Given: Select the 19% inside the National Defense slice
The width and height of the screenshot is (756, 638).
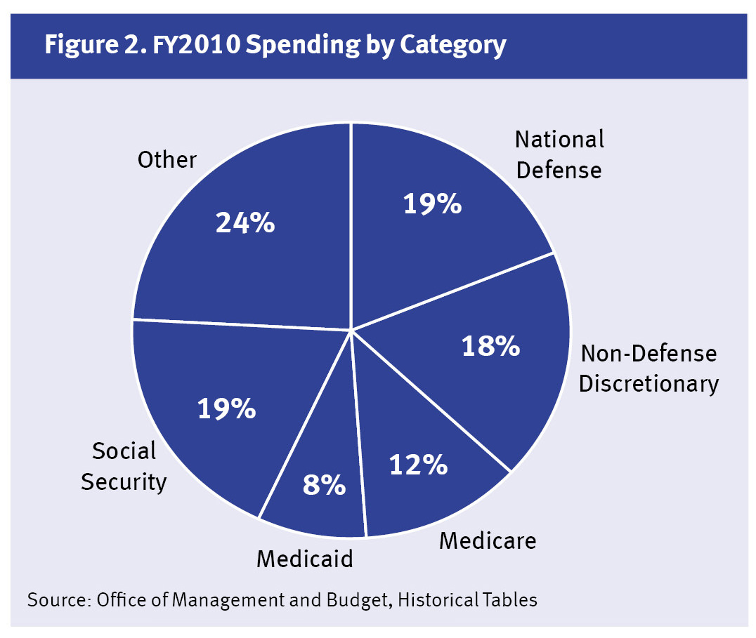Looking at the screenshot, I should (432, 204).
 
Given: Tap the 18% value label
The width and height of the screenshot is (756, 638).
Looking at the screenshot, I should (490, 345).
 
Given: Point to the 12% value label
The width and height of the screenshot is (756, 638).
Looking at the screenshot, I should (418, 464).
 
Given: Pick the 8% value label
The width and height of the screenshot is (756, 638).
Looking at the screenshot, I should (325, 484).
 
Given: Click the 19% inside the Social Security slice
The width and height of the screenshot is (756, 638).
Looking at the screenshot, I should (226, 408).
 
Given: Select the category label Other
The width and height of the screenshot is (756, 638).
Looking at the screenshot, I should (167, 160).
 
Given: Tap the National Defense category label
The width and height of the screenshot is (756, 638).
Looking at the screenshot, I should (559, 154).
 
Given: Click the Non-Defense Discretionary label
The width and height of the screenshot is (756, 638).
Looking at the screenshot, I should (649, 368).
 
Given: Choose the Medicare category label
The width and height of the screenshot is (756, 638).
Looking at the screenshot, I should (488, 540).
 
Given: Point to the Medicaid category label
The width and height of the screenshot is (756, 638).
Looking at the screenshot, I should (304, 559).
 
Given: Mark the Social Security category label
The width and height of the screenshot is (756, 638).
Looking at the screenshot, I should (124, 466).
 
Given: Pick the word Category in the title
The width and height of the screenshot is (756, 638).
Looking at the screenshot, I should (452, 45).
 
